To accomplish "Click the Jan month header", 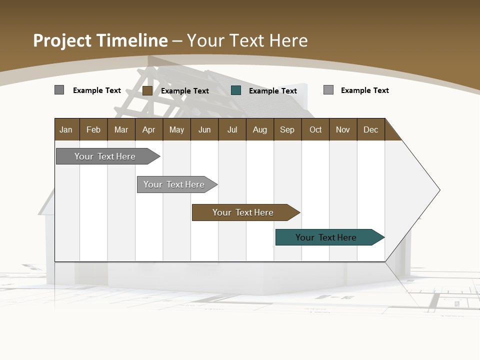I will tap(66, 129).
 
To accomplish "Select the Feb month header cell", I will tap(93, 129).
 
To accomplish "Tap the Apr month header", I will tap(149, 129).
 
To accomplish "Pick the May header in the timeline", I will tap(176, 129).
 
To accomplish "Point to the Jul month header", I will tap(232, 129).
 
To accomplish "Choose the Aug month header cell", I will tap(259, 129).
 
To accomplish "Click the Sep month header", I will tap(287, 129).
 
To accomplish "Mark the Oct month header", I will tap(315, 129).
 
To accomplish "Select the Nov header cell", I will tap(343, 129).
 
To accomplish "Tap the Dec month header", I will tap(371, 129).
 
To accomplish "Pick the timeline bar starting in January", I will tap(105, 156).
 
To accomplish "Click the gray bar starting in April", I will tap(174, 184).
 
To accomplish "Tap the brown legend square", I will tap(147, 90).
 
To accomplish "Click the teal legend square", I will tap(236, 90).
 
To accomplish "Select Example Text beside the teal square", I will tap(273, 91).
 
